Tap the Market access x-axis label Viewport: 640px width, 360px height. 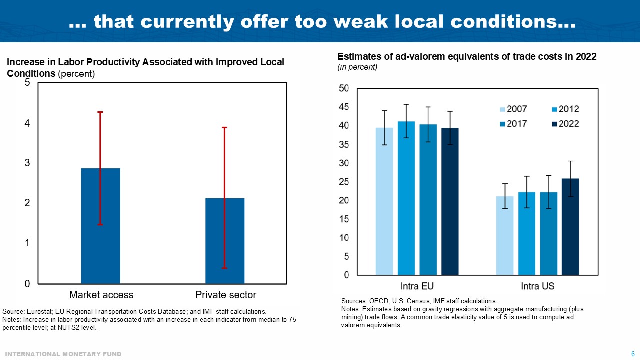click(x=101, y=295)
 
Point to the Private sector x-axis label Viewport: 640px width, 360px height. click(x=225, y=295)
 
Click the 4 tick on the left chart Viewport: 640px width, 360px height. click(x=27, y=123)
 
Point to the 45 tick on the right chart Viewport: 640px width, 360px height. click(x=343, y=107)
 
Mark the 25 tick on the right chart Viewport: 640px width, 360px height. click(x=343, y=182)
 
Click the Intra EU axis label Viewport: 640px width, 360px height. click(x=417, y=286)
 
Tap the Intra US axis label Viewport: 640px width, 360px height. click(x=537, y=286)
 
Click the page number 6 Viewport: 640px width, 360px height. click(x=633, y=354)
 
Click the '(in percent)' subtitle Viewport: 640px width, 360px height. click(x=357, y=67)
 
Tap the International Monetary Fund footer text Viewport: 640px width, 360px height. click(x=63, y=354)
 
